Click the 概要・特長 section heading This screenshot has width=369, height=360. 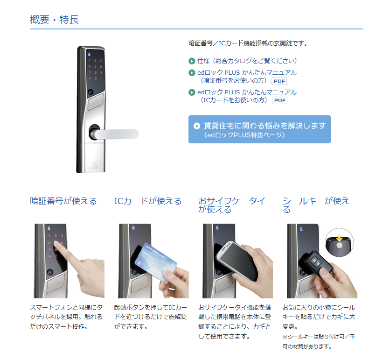54,20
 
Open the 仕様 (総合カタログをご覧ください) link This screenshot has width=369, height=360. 247,61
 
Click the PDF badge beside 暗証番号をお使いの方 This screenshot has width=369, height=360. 279,81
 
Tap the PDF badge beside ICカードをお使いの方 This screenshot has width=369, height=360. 279,100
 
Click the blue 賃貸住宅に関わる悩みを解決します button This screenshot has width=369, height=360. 259,129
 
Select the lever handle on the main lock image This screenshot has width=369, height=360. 114,134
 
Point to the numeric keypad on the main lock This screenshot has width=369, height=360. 95,69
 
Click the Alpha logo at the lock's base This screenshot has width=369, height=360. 95,165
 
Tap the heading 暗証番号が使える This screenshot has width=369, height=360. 63,201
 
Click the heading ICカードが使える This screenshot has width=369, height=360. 148,201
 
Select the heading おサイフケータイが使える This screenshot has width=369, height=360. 232,205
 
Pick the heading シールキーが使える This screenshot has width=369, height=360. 316,205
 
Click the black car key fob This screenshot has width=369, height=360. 317,263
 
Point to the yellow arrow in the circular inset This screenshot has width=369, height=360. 339,238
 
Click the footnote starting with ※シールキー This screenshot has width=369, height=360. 319,342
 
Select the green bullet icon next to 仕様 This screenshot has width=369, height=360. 192,61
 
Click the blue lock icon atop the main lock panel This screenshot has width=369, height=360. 89,54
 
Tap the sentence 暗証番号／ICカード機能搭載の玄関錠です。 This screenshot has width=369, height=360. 248,43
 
